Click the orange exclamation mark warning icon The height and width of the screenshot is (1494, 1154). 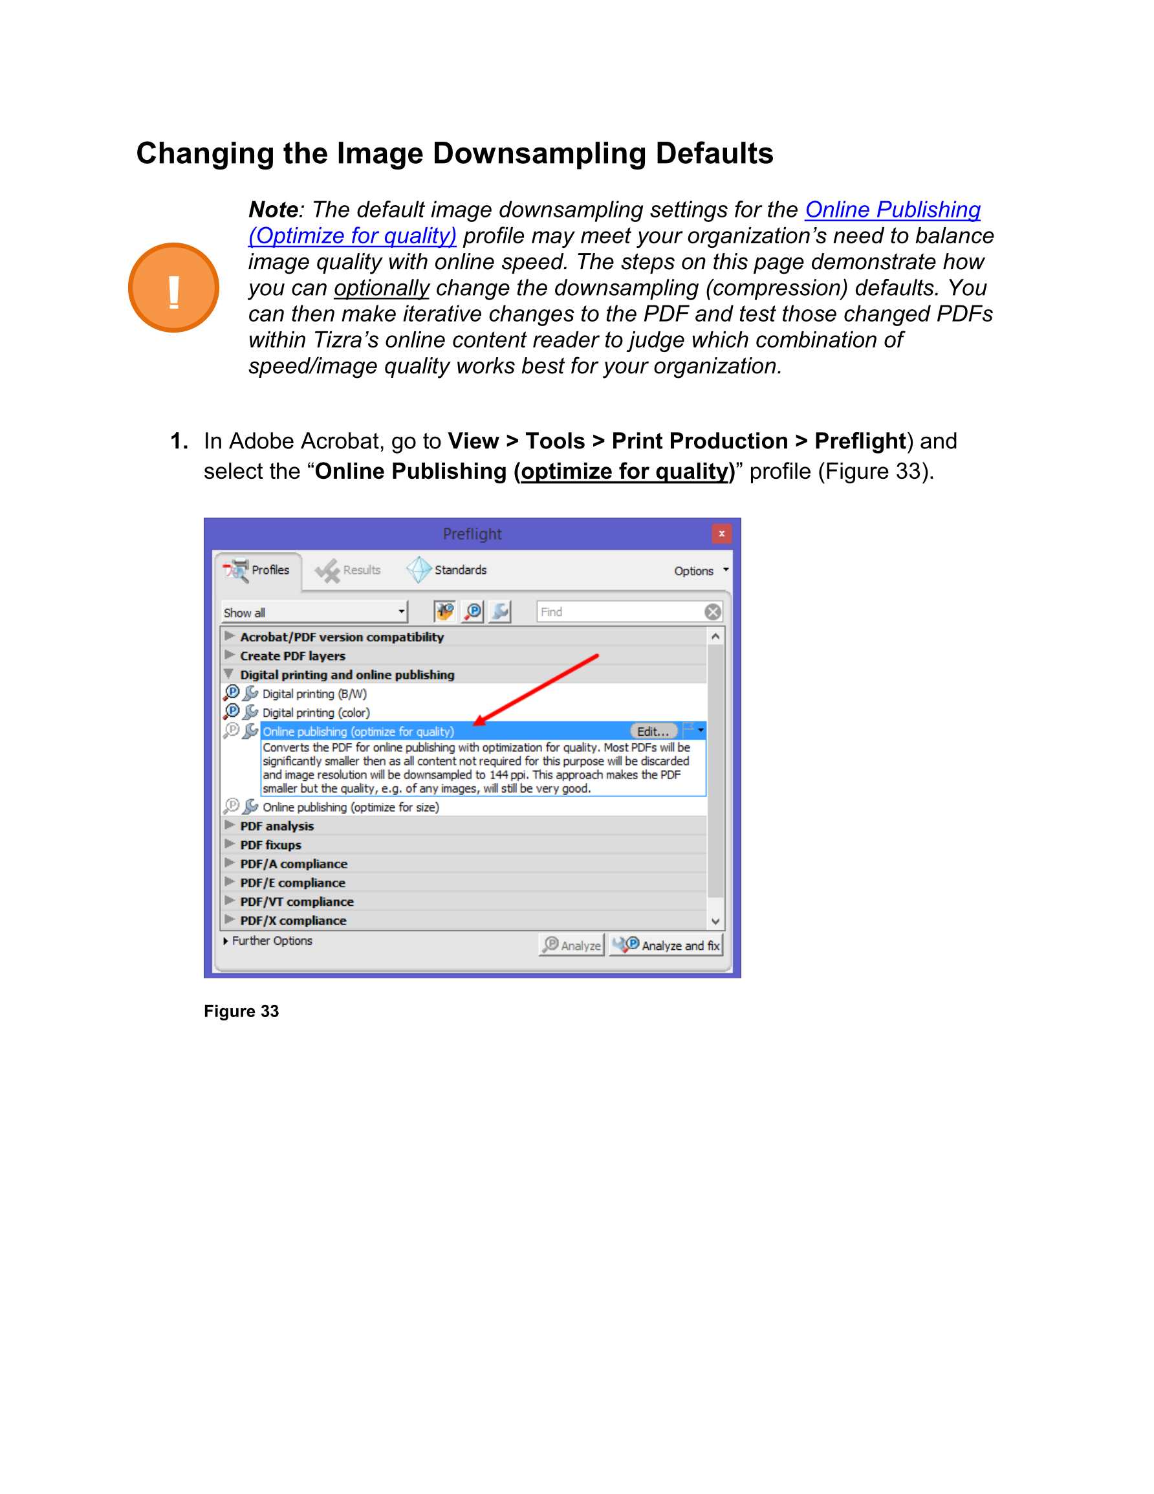[x=173, y=288]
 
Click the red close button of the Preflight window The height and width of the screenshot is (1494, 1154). [x=721, y=534]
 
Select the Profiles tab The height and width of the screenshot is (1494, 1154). [x=259, y=570]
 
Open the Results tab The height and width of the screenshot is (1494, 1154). [x=349, y=570]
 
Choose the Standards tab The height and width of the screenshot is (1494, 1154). [x=448, y=570]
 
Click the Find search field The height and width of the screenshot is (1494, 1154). [x=620, y=611]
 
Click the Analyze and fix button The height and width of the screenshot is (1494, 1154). [x=667, y=945]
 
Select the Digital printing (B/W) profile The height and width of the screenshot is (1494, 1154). [x=314, y=694]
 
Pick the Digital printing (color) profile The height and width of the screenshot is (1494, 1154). [x=316, y=713]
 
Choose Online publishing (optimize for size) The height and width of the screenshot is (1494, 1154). [x=351, y=807]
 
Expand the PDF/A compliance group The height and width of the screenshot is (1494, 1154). [x=294, y=864]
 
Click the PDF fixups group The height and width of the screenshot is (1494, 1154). [x=271, y=845]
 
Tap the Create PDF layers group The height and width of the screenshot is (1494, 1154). [x=293, y=656]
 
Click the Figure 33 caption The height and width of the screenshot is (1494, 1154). [x=241, y=1011]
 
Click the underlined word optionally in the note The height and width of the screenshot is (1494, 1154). [x=382, y=288]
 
